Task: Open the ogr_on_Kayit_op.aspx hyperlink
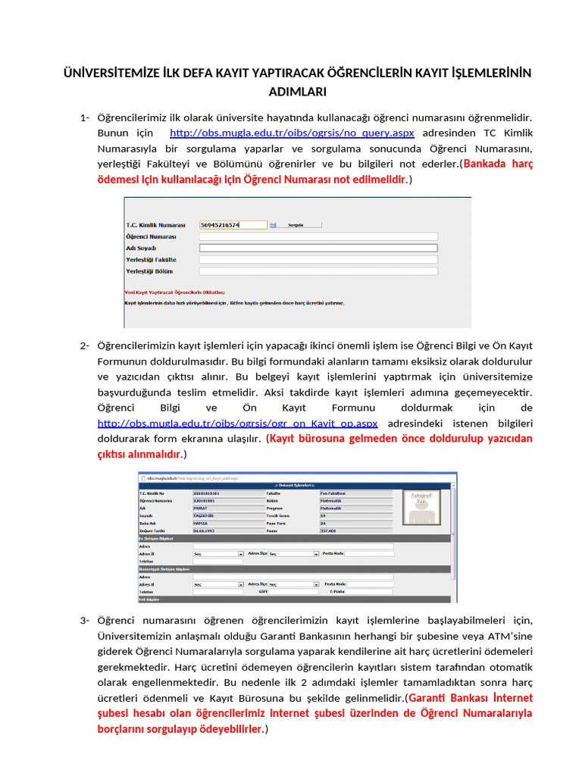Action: tap(237, 423)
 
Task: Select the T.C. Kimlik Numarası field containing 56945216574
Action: tap(232, 225)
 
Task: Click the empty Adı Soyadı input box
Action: tap(318, 248)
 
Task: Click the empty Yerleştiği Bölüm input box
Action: tap(318, 271)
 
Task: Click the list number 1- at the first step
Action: tap(85, 117)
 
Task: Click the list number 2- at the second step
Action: tap(85, 346)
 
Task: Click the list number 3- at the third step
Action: tap(85, 621)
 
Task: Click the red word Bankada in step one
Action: tap(487, 164)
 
